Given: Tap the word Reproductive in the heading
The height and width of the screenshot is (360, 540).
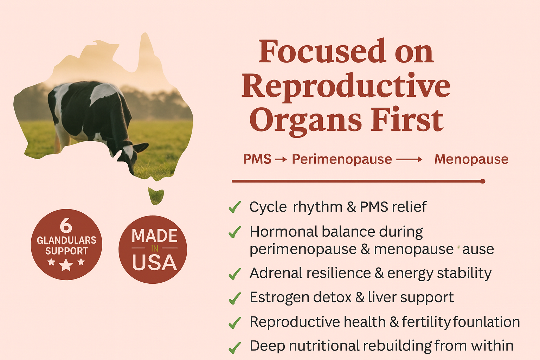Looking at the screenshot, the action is [346, 87].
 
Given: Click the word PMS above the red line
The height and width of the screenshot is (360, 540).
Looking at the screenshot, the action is [257, 159].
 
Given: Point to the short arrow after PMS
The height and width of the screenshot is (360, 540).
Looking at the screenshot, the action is [281, 159].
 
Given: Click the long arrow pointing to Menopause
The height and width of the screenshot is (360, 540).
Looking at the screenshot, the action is [409, 159].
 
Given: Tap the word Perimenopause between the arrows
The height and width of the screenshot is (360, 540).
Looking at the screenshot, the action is [342, 160].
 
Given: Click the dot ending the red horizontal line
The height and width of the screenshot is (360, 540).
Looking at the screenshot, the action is [483, 181].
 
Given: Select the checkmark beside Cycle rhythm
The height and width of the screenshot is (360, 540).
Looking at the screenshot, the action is [234, 207].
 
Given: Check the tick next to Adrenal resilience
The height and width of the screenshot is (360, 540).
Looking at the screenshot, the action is [234, 274].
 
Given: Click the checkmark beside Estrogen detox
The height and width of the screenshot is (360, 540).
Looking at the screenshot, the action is [234, 298].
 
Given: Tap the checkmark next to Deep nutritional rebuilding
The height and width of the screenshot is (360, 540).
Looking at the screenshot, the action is [234, 348].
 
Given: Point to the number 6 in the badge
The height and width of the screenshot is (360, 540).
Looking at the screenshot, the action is [66, 225].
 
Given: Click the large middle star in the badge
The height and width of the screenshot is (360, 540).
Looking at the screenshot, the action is [66, 265].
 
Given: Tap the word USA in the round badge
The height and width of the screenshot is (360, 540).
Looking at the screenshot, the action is [154, 262].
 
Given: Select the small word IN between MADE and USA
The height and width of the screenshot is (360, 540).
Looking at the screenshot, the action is [155, 248].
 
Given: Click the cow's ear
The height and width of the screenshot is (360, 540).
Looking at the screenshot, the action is [141, 147].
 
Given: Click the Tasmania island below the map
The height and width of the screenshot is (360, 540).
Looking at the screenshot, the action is [156, 196].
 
